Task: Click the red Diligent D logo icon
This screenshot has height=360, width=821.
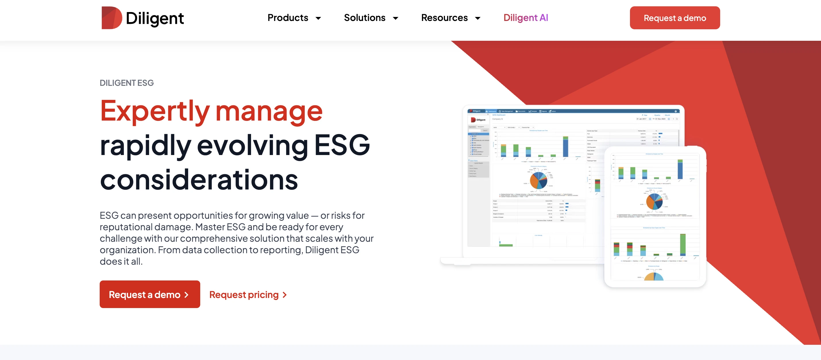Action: [x=111, y=18]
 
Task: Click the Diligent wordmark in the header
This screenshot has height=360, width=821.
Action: [x=155, y=18]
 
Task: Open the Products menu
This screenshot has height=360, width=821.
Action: [x=288, y=18]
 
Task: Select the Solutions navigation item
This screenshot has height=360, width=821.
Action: [x=365, y=18]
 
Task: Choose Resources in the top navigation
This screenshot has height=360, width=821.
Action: [x=444, y=18]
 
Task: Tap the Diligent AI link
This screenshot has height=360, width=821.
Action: [x=526, y=18]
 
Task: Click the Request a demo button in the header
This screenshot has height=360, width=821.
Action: [x=675, y=18]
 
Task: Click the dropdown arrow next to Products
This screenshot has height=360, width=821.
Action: [x=318, y=18]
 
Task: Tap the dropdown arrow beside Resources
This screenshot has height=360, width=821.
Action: [x=477, y=18]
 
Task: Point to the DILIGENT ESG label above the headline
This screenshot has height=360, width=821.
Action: [x=126, y=83]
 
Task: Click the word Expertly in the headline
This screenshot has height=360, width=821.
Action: [x=155, y=111]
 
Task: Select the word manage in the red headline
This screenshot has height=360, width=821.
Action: [x=269, y=111]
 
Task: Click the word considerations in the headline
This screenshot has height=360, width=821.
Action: [x=199, y=180]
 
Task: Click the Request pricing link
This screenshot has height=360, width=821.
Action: [x=244, y=295]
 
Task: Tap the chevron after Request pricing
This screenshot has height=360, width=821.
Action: [x=285, y=295]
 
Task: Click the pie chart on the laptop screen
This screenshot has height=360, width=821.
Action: [x=538, y=180]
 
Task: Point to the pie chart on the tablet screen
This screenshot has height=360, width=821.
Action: [x=654, y=201]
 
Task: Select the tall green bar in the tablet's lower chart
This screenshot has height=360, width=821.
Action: [x=683, y=245]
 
